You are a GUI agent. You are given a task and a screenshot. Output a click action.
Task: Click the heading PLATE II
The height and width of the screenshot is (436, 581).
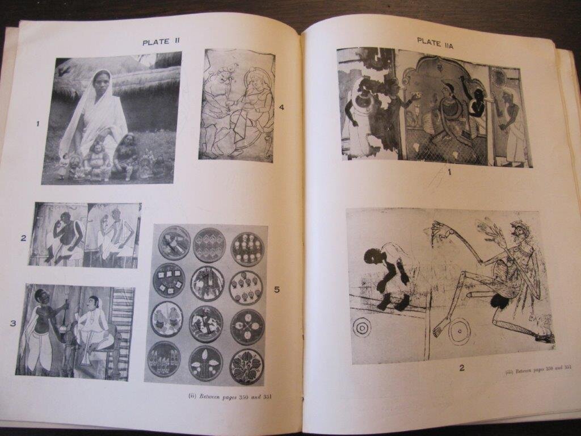(161, 42)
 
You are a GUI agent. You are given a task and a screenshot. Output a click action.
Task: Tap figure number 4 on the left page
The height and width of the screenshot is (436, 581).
(281, 107)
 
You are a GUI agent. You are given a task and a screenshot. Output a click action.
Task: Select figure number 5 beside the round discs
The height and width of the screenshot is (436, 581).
(277, 290)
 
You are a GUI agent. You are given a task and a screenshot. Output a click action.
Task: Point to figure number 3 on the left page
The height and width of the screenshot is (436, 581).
(13, 323)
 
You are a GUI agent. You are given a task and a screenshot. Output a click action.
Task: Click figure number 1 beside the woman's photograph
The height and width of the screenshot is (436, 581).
(37, 124)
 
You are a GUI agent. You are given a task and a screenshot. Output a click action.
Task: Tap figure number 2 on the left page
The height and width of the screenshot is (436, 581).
(23, 238)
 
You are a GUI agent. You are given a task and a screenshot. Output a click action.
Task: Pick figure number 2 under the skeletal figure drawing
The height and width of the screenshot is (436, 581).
(462, 368)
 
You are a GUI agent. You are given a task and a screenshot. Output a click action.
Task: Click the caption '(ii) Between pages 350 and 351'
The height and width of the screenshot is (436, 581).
(230, 396)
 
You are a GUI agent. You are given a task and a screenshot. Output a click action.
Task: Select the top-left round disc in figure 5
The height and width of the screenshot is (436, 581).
(174, 243)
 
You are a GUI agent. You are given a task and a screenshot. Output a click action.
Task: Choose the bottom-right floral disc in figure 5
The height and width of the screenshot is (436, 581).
(246, 366)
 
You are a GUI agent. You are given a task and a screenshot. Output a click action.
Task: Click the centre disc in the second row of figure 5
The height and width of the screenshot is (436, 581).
(207, 283)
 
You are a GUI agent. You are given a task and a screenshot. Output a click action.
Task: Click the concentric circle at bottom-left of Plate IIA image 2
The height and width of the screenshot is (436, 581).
(362, 328)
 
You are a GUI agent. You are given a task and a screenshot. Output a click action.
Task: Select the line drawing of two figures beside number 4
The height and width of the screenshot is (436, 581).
(237, 106)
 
